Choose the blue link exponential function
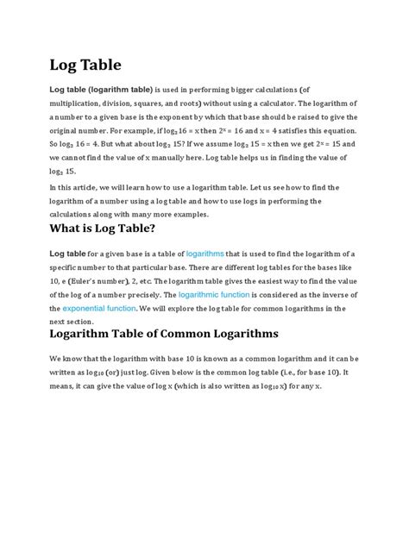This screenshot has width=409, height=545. click(91, 308)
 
